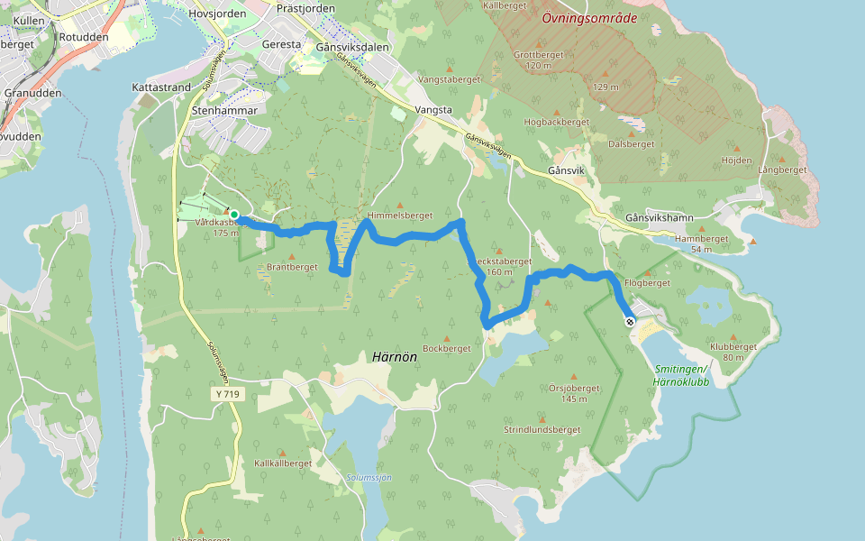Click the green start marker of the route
tap(234, 214)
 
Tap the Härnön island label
tap(395, 356)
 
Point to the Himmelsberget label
tap(400, 216)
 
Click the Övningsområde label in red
tap(588, 17)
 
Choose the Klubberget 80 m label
tap(733, 351)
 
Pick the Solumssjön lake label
tap(369, 477)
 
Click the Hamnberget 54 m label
tap(700, 243)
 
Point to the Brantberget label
tap(293, 267)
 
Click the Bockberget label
tap(447, 348)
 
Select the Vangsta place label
tap(435, 110)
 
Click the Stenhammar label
tap(225, 110)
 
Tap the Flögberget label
tap(647, 283)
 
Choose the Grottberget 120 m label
tap(538, 60)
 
